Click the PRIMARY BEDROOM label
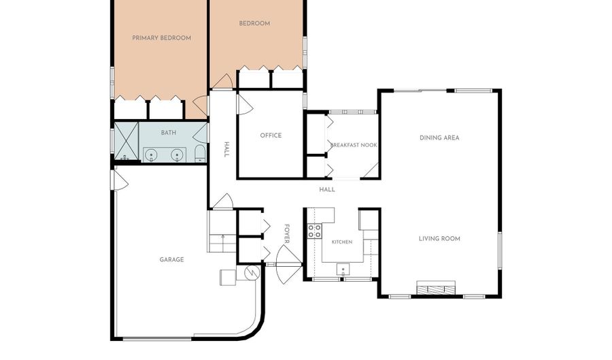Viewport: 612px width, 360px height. coord(162,38)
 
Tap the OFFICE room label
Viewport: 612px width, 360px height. coord(271,135)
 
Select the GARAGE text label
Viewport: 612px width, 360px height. coord(172,260)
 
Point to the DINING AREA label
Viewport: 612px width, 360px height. coord(439,138)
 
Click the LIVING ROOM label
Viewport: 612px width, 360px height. coord(439,239)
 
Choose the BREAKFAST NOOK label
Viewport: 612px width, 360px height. coord(354,145)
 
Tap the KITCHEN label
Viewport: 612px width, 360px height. coord(342,242)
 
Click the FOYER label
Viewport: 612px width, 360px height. coord(287,233)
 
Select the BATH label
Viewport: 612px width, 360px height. coord(169,133)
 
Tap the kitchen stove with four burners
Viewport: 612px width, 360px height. coord(315,231)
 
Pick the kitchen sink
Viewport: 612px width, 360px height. coord(343,269)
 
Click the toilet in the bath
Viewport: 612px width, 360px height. coord(200,153)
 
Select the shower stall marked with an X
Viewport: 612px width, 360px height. coord(126,141)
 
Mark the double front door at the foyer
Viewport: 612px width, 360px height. coord(289,264)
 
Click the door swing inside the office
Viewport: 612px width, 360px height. coord(245,104)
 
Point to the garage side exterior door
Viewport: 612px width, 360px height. coord(120,180)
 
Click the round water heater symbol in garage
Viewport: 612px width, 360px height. coord(252,272)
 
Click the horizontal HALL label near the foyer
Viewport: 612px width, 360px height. coord(327,190)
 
